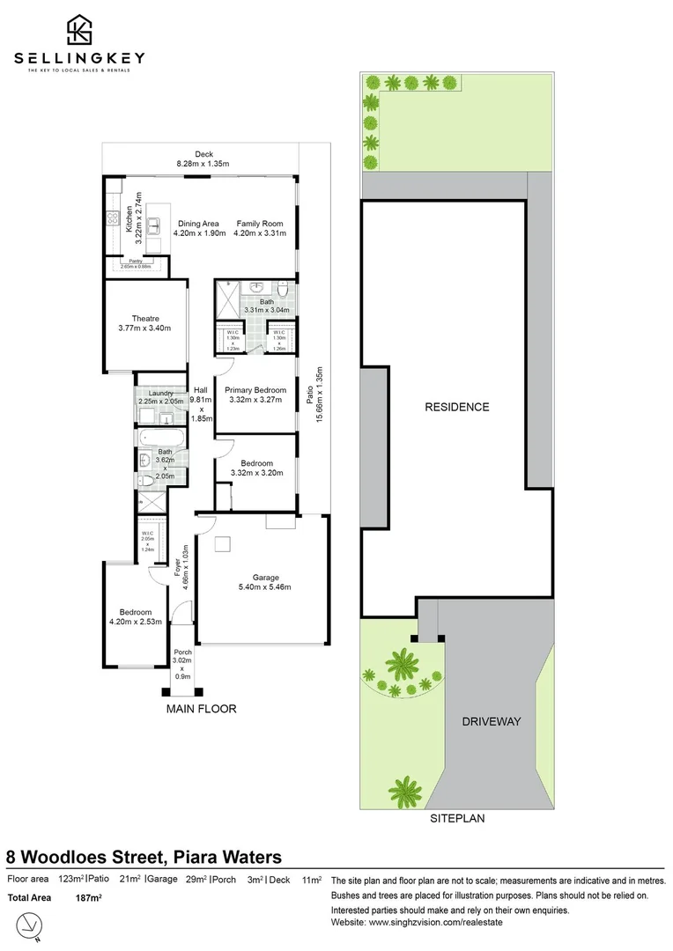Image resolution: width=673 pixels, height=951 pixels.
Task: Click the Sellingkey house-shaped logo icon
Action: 79,31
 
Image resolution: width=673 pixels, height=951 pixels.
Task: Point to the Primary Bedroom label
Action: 255,390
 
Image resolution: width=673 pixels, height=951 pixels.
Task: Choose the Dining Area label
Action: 198,224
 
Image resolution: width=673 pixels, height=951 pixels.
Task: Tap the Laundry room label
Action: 160,393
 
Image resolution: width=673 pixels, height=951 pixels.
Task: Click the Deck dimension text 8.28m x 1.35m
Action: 203,164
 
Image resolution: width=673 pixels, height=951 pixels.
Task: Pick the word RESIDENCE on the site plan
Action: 456,407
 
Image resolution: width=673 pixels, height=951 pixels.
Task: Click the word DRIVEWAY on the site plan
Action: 492,721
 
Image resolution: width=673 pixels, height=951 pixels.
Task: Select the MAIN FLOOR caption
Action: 201,708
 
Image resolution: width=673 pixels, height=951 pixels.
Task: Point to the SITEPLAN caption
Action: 457,818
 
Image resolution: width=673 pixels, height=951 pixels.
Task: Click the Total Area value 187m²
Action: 89,897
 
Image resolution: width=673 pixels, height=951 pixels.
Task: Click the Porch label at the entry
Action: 182,652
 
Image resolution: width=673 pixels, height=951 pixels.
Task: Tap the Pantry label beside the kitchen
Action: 136,261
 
